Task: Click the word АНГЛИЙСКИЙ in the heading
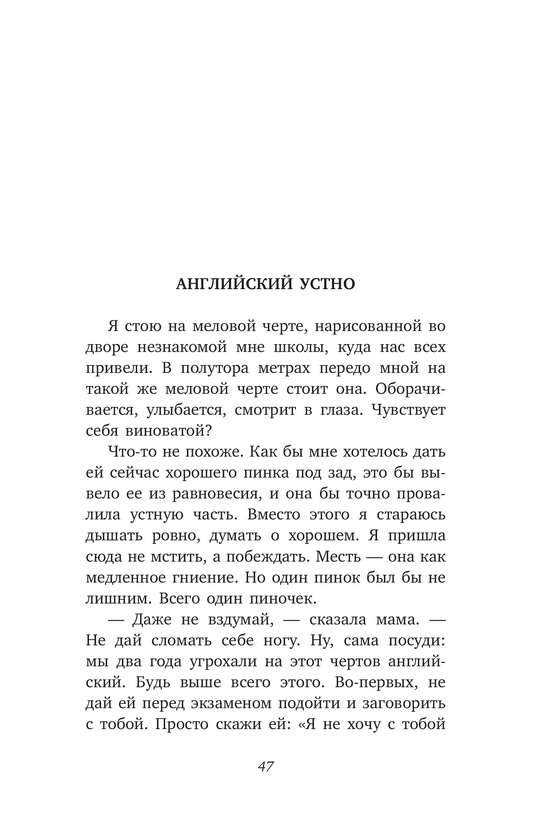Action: pos(234,284)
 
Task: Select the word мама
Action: pos(394,620)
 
